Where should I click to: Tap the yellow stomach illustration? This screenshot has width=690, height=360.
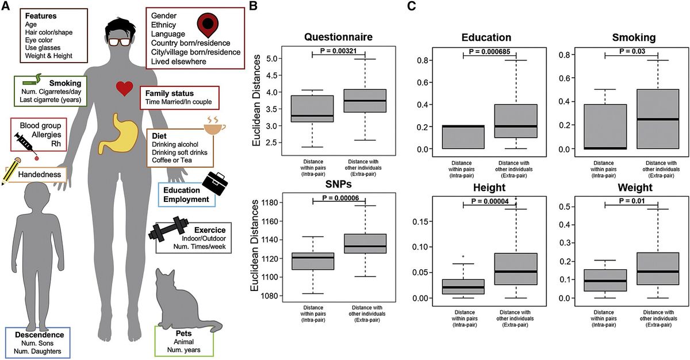118,134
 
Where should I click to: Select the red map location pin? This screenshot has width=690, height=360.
208,25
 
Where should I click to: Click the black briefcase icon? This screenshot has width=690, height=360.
215,183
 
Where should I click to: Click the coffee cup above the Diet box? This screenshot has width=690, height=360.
214,126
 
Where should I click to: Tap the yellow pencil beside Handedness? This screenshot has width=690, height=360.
11,171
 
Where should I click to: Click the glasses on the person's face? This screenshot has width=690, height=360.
120,42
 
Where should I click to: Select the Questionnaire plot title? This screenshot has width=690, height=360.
338,37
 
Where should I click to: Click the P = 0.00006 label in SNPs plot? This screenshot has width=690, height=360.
340,198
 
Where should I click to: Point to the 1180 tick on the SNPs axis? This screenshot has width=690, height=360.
270,202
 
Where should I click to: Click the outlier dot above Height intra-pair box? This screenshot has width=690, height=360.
463,256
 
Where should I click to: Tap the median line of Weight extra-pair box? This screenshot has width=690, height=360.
658,271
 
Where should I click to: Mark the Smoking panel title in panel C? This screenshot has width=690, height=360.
634,37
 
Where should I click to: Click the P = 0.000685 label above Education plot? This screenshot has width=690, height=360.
489,52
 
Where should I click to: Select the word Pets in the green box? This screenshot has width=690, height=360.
183,333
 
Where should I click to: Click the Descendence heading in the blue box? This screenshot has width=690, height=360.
40,335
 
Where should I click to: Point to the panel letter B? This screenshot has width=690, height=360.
253,6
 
